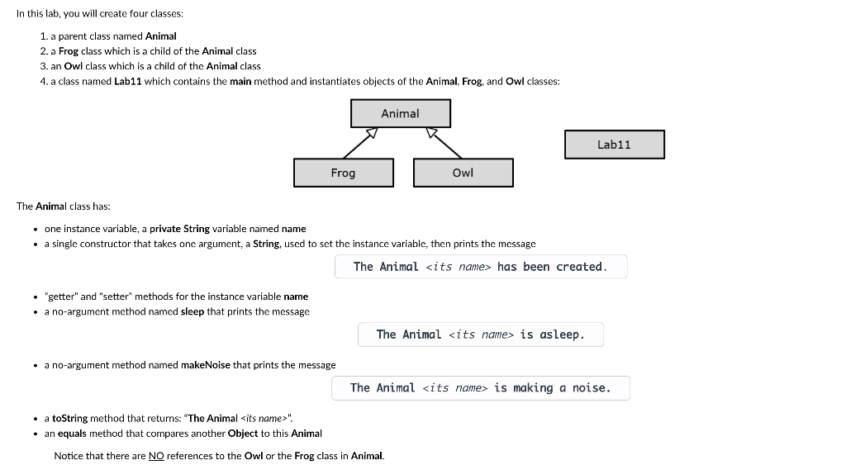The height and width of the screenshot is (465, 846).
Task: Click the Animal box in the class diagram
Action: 401,113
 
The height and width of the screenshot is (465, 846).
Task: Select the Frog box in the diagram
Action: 343,173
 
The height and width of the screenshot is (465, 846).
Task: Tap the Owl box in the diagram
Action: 463,173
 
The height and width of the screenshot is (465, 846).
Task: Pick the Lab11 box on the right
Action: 614,145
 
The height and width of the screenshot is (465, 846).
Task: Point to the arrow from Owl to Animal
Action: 444,143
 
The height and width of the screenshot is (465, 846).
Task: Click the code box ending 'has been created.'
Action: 480,267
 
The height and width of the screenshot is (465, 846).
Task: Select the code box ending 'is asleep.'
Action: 480,335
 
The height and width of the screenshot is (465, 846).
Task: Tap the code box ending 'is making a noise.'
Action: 480,388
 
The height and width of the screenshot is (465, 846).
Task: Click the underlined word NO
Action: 156,456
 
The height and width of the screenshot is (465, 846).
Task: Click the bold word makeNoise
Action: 206,365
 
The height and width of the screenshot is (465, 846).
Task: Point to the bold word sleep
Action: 192,311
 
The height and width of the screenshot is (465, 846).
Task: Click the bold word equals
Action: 72,434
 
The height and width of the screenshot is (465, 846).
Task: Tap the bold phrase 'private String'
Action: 180,229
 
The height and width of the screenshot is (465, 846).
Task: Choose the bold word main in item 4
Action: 240,81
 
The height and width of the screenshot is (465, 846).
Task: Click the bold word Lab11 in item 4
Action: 127,81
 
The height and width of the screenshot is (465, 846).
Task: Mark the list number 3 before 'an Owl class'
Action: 43,66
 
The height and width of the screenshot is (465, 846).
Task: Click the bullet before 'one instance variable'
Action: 35,229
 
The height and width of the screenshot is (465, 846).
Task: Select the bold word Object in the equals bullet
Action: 243,434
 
